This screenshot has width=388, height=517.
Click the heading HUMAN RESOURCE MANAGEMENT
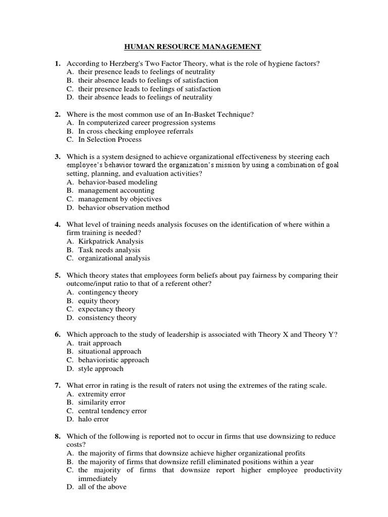point(192,47)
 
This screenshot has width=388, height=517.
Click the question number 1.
point(58,64)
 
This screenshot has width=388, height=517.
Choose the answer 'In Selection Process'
point(110,139)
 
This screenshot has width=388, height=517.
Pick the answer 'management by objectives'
point(120,199)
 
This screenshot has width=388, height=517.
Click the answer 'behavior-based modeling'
point(118,182)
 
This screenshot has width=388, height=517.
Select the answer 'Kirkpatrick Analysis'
point(111,241)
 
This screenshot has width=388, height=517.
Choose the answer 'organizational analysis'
point(114,258)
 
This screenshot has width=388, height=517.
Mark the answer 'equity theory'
point(99,301)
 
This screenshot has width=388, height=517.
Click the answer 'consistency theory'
point(107,318)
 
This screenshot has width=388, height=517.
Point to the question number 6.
point(58,335)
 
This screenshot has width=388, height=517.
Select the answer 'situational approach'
point(110,351)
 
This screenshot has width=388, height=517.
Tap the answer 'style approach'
point(101,369)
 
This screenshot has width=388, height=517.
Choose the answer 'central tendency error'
point(112,411)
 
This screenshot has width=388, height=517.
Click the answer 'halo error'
point(93,419)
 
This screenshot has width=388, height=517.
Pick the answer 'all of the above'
point(102,487)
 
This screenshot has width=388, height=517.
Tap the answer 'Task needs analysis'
point(109,250)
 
